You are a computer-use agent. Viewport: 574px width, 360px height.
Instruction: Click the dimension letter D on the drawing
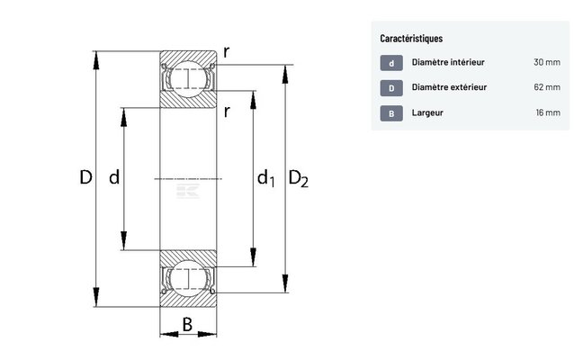click(x=85, y=178)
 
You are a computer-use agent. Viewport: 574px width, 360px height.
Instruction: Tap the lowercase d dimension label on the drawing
click(x=114, y=178)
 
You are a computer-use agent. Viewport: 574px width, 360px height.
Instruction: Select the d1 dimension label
click(x=265, y=180)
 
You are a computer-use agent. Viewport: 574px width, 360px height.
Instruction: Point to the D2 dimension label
click(x=299, y=180)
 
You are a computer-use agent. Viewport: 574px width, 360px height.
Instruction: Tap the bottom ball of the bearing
click(x=188, y=278)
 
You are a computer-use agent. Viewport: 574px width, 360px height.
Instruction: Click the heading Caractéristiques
click(x=411, y=40)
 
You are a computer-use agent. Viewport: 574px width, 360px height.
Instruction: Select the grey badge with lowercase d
click(x=391, y=63)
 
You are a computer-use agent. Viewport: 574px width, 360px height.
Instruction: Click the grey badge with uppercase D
click(x=391, y=88)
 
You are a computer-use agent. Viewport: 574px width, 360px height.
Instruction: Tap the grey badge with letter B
click(x=391, y=113)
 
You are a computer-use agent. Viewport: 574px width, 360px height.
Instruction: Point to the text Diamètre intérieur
click(x=448, y=63)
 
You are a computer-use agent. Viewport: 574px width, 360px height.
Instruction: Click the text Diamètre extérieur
click(x=449, y=88)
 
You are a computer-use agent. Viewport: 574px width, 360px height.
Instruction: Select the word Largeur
click(x=427, y=113)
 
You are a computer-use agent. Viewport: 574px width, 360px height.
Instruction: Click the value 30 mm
click(x=546, y=63)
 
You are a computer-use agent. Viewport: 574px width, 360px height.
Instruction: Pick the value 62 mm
click(x=546, y=88)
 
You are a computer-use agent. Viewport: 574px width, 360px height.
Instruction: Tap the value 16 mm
click(x=546, y=113)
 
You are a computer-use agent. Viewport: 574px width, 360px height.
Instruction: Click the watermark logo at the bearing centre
click(x=190, y=189)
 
